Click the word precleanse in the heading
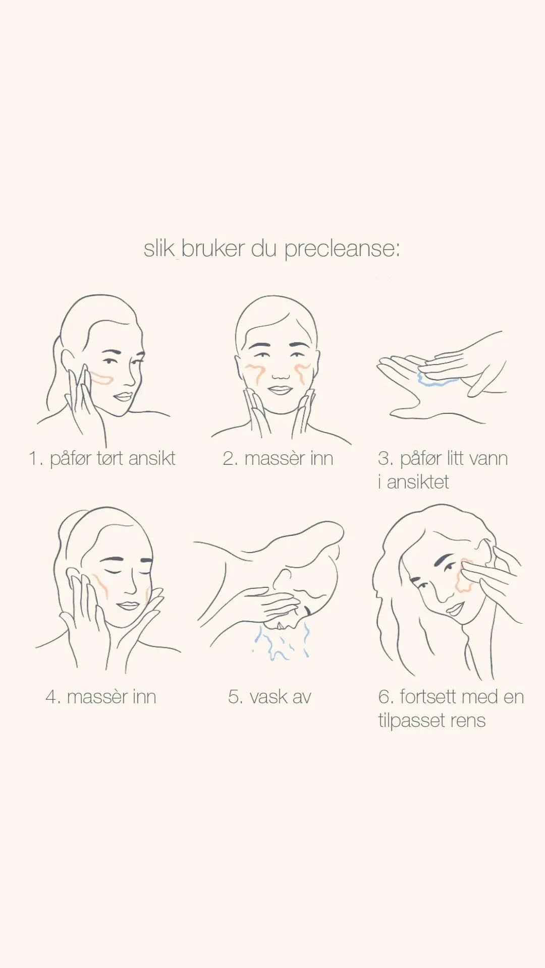click(x=342, y=249)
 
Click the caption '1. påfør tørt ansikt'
click(x=102, y=459)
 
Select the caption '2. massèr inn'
click(x=278, y=458)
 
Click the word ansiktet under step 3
click(x=417, y=482)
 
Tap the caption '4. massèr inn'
click(x=101, y=697)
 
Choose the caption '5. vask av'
click(x=269, y=697)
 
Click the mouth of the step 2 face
click(x=278, y=390)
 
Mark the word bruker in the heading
click(x=213, y=249)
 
